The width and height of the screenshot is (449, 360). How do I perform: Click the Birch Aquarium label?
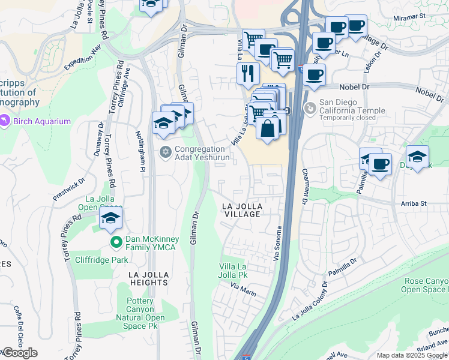tap(43, 121)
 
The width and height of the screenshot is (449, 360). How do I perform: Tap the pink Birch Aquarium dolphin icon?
tap(5, 121)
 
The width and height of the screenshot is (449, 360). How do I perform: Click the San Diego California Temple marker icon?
tap(310, 109)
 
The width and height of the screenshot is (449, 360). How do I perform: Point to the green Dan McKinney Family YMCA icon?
tap(118, 242)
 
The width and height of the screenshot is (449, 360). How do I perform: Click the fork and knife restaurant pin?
tap(247, 73)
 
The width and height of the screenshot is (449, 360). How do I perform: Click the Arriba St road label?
tap(414, 204)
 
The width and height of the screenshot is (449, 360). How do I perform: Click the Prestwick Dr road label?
tap(70, 187)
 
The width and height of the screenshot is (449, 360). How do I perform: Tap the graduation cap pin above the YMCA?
tap(110, 218)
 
